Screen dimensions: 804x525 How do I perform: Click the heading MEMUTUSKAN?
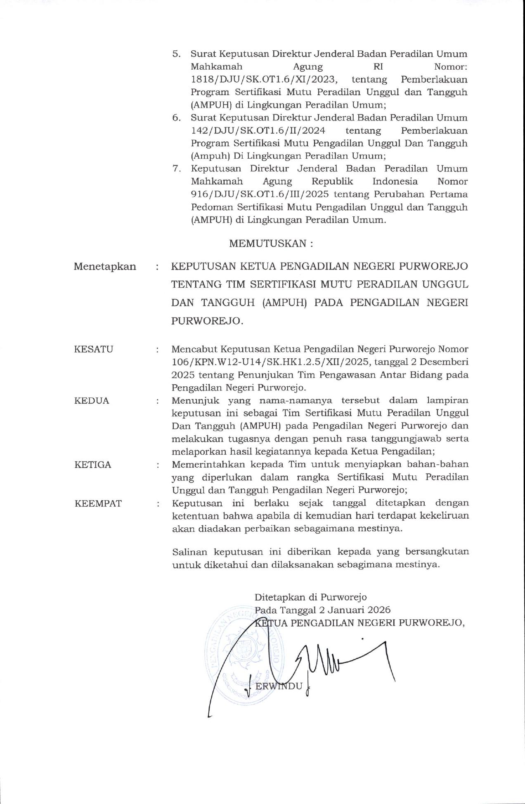271,243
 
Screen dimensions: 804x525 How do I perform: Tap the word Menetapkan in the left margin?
105,267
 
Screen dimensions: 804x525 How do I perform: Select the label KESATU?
94,349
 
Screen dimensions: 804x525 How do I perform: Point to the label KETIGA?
93,465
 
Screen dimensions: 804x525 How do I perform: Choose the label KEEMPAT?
98,503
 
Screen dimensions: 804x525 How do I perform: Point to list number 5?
176,54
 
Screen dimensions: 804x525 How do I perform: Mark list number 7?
176,169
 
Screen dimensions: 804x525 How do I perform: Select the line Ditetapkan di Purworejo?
310,597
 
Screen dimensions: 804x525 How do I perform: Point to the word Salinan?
190,552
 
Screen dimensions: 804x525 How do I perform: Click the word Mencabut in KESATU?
194,349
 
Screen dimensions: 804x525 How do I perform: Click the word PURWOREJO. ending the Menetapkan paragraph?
208,321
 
